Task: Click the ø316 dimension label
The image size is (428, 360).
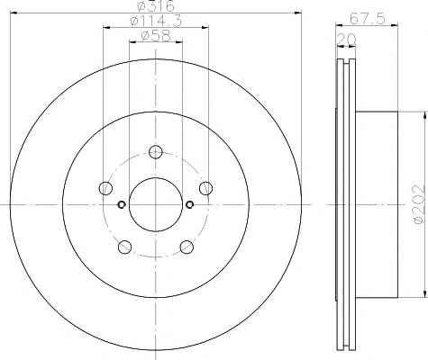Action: [156, 6]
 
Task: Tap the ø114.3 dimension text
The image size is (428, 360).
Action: [156, 21]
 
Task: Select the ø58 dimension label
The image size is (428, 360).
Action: [156, 36]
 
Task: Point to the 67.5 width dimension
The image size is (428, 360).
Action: [367, 19]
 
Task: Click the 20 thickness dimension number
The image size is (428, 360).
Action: [347, 39]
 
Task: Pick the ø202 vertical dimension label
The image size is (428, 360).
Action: [420, 205]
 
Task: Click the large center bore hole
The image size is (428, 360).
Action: [156, 204]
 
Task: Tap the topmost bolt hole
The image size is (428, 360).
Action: [156, 152]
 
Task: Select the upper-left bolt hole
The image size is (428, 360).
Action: [105, 188]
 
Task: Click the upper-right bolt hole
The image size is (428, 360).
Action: [206, 188]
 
